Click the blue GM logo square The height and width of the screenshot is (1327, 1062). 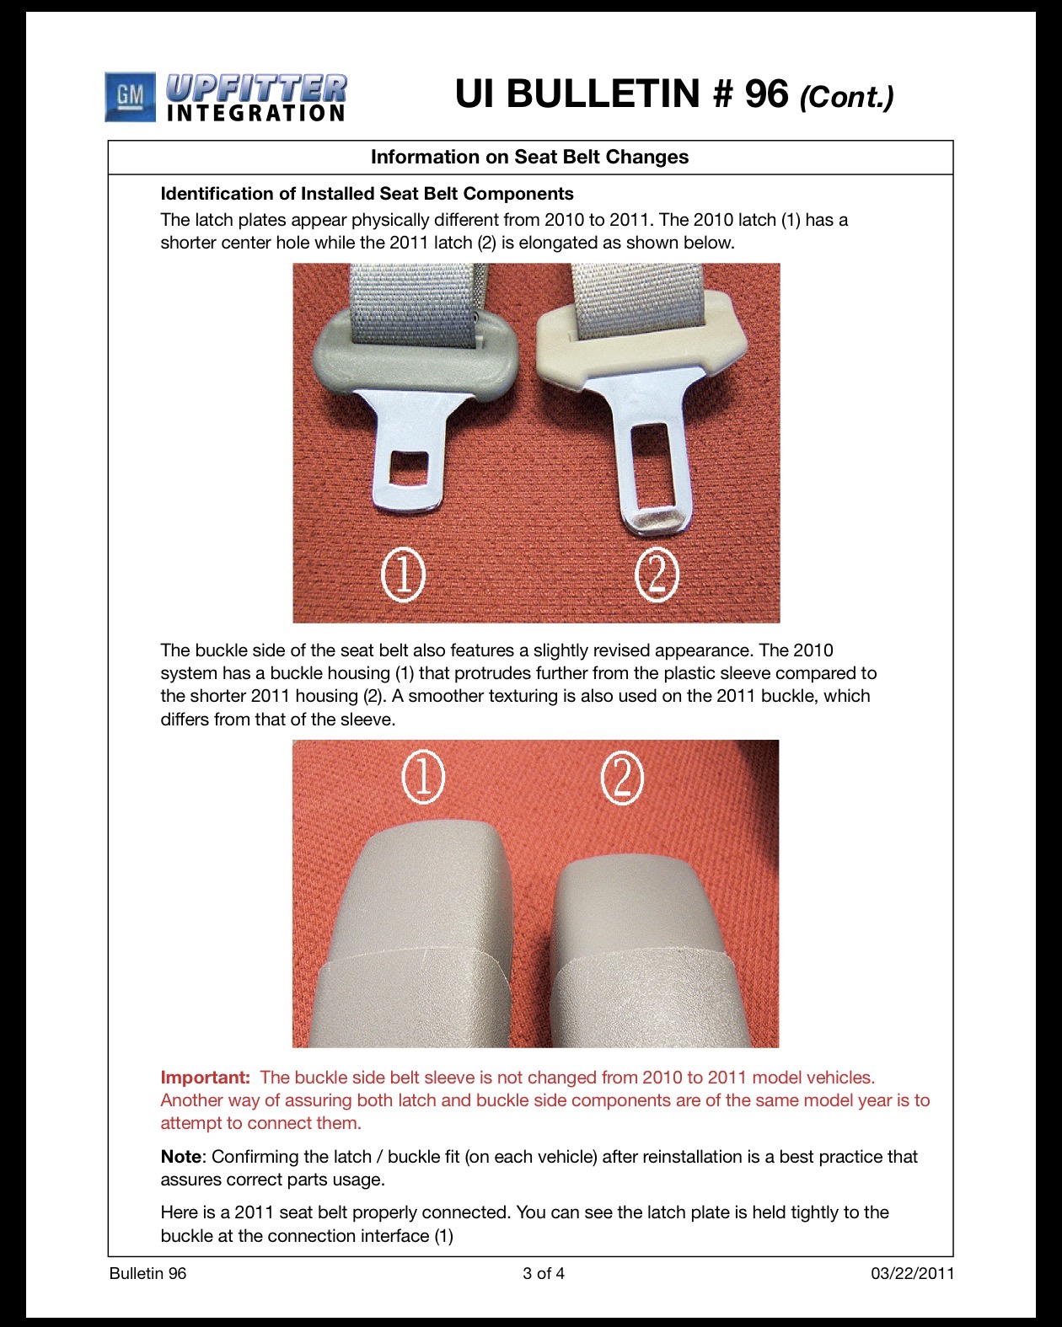(130, 97)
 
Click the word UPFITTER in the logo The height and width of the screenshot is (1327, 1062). (256, 88)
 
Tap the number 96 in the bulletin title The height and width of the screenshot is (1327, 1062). (766, 94)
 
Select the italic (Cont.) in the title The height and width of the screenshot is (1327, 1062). (846, 98)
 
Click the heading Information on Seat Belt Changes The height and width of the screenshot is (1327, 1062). (529, 157)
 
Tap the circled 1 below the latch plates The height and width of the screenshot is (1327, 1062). (404, 574)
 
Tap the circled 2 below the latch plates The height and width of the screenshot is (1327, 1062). (657, 574)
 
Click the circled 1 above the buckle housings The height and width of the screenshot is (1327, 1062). (423, 777)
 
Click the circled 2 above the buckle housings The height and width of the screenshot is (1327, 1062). (622, 778)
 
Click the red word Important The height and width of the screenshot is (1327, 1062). (206, 1078)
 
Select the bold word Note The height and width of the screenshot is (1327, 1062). (181, 1156)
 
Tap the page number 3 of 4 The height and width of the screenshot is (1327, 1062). (543, 1273)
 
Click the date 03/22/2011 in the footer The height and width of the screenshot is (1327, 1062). (912, 1273)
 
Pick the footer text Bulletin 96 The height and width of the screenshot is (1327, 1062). (147, 1273)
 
